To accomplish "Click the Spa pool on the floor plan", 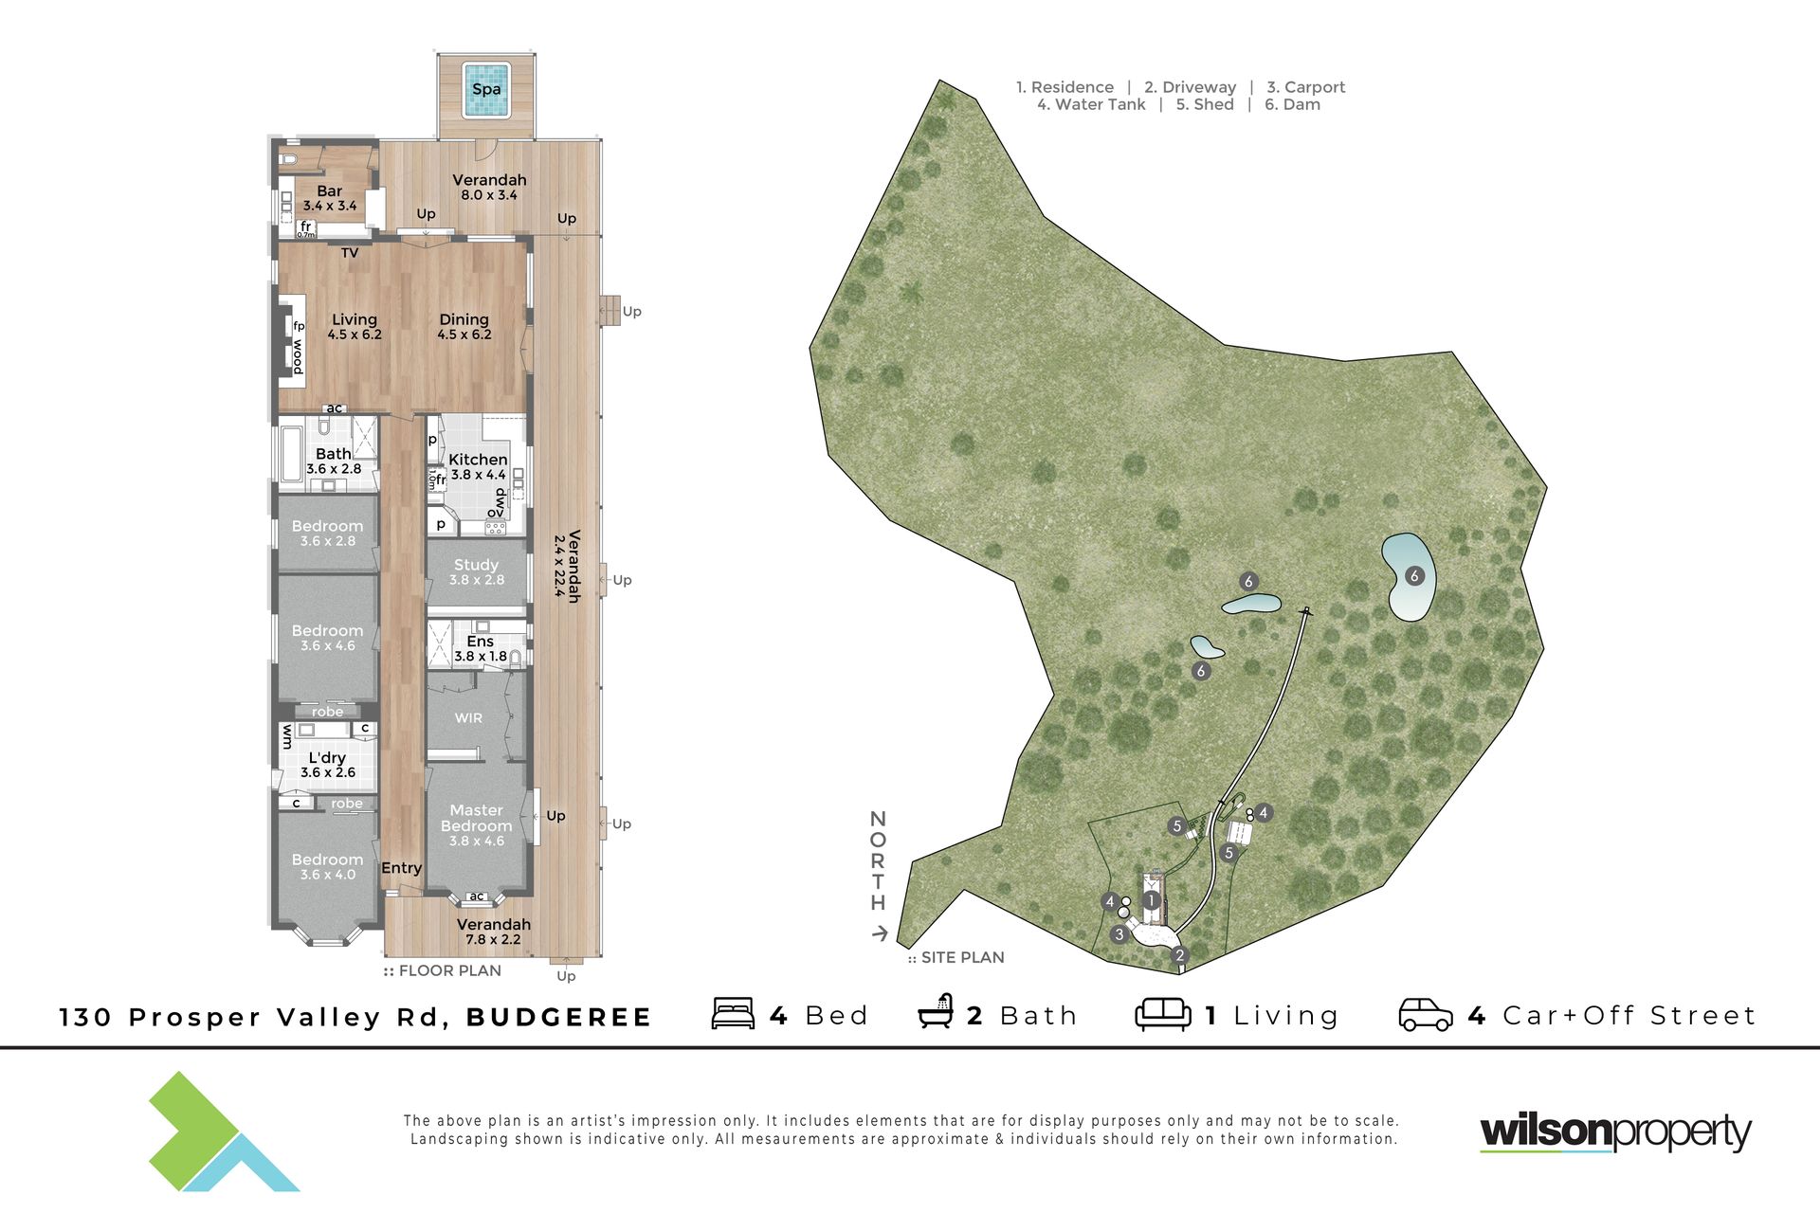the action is point(486,90).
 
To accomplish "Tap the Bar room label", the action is point(330,191).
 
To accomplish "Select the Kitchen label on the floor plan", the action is point(478,460).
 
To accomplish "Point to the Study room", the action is point(477,571).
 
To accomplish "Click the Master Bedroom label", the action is point(477,818).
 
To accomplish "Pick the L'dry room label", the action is point(327,757).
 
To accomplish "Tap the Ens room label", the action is point(480,642).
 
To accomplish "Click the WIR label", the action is point(468,718).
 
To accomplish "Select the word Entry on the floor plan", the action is point(401,868).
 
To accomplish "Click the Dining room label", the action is point(464,320).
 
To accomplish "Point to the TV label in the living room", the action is point(350,253).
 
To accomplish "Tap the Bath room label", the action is point(334,454).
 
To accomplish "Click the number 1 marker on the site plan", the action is point(1152,900).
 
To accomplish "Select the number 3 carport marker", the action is point(1119,934).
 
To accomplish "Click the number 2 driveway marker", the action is point(1180,955).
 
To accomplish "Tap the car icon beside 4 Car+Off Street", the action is point(1426,1014).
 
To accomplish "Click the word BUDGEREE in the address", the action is point(558,1018).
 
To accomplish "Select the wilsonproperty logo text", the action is point(1615,1132).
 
